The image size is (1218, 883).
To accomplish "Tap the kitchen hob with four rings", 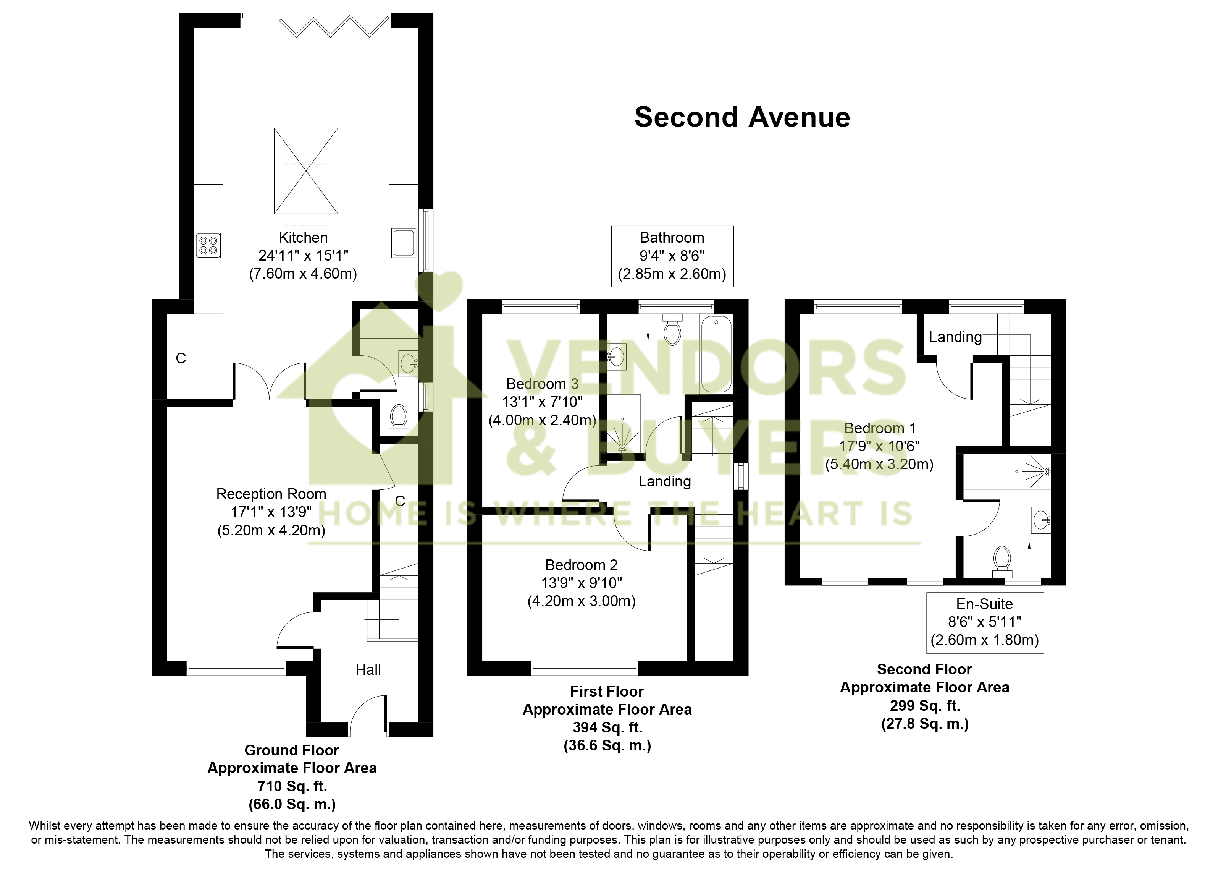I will coord(208,246).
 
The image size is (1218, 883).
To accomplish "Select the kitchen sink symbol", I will coord(403,243).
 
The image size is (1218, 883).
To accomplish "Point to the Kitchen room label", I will coord(303,238).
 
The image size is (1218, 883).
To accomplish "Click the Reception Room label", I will coord(271,494).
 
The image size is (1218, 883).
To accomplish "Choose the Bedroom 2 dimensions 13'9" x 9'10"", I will coord(581,583).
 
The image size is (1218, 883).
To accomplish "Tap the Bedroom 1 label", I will coord(880,428).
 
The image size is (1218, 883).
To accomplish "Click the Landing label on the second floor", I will coord(955,337).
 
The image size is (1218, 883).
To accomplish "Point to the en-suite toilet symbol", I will coord(1002,560).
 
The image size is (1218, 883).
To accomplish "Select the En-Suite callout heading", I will coord(984,604).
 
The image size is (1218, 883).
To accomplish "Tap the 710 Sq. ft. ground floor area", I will coord(292,786).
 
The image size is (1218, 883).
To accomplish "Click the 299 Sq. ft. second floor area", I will coord(924,706).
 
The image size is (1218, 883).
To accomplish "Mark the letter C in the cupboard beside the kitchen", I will coord(181,358).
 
